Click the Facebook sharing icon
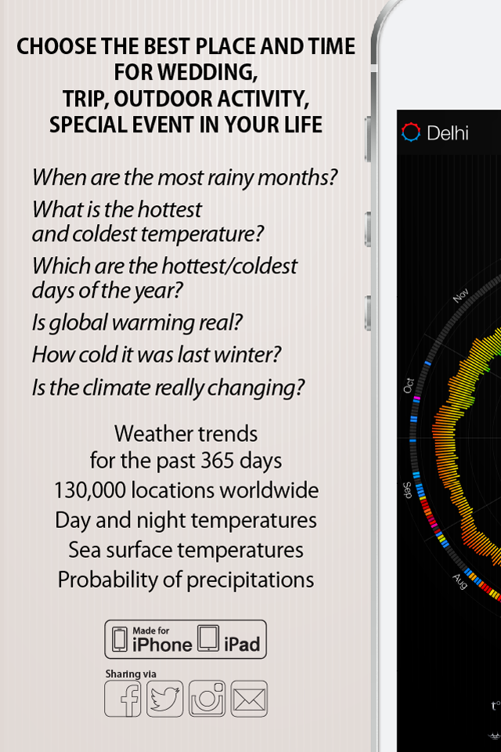pos(123,699)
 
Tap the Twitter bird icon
pos(165,699)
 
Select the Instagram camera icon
pos(207,699)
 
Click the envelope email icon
pos(249,699)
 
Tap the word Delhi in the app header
pos(447,133)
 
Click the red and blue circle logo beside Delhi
pos(411,132)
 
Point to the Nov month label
pos(461,295)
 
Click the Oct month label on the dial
pos(409,385)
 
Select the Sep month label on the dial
pos(407,490)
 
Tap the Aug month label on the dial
pos(460,581)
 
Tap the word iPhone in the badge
pos(162,645)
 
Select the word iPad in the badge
pos(242,645)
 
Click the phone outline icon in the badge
pos(119,639)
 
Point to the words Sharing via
pos(131,674)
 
